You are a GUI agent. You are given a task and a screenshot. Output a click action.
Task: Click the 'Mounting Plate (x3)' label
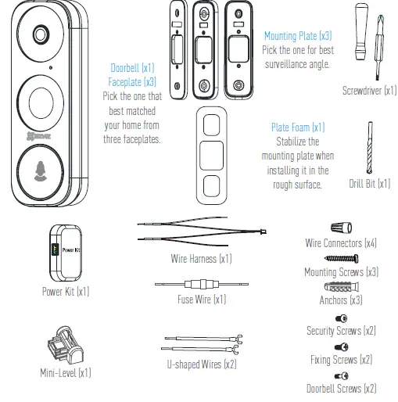[298, 36]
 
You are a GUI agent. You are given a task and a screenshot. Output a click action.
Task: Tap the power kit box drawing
[66, 251]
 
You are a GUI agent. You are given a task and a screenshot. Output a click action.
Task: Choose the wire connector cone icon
[339, 228]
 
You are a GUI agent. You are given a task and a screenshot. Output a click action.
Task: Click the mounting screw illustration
[339, 258]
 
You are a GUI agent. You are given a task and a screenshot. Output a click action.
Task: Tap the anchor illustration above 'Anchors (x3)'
[341, 286]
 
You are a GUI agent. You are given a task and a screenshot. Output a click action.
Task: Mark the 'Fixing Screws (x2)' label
[341, 360]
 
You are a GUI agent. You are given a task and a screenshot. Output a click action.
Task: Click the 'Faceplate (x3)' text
[134, 81]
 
